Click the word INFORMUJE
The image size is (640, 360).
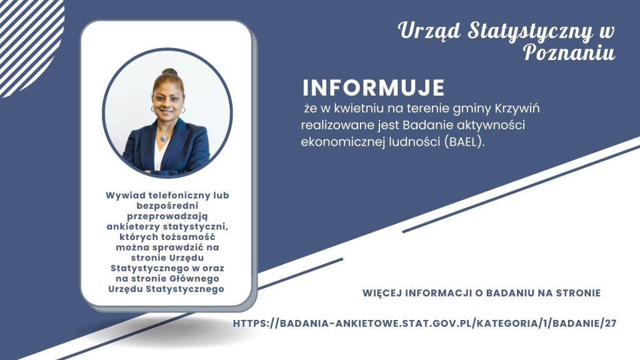click(374, 87)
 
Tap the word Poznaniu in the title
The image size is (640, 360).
click(569, 52)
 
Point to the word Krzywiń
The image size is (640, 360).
click(517, 109)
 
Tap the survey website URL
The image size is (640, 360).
click(424, 323)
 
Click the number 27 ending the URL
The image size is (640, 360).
click(611, 323)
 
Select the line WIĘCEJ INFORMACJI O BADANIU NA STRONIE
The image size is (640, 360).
click(482, 293)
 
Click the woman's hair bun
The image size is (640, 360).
click(169, 72)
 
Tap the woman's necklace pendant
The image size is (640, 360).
click(164, 137)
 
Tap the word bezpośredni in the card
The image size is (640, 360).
click(167, 205)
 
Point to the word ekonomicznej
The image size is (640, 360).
click(338, 142)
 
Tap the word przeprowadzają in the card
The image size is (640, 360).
click(167, 216)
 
